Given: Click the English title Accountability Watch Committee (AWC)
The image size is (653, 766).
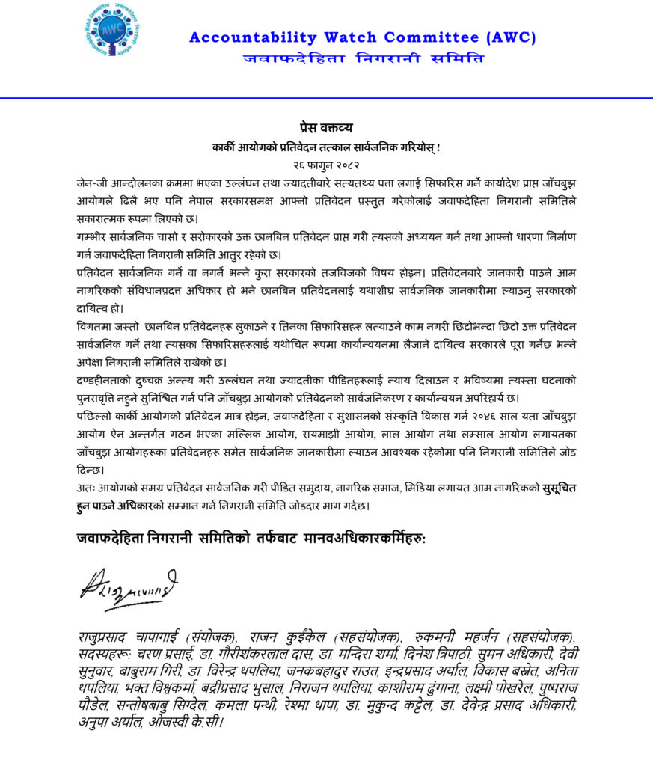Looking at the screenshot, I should coord(362,37).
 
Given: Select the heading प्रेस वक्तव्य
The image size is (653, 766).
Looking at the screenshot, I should coord(326,126).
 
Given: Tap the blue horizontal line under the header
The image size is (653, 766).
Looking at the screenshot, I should coord(326,98).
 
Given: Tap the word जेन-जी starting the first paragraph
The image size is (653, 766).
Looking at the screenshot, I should coord(93,183).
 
